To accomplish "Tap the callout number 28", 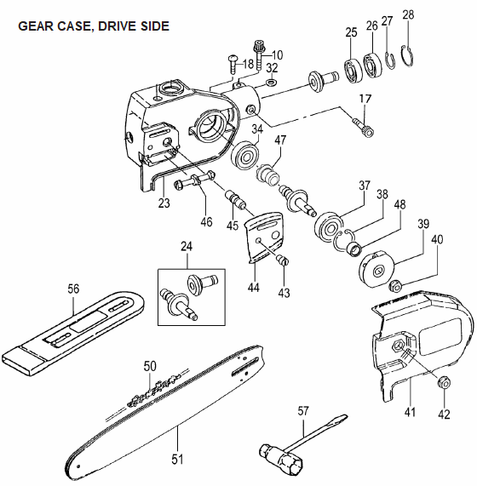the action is (x=408, y=14).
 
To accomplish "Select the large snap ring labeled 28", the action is (x=407, y=56).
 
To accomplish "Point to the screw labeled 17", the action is (x=363, y=127).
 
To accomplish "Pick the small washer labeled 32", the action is (x=272, y=83).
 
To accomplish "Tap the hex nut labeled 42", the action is (x=444, y=383).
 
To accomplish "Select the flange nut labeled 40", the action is (x=395, y=285).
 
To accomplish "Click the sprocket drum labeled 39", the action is (x=376, y=269).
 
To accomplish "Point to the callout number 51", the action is (x=177, y=459).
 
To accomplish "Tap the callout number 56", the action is (x=73, y=289).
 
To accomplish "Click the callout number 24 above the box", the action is (x=187, y=247).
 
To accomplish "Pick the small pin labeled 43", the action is (x=282, y=259).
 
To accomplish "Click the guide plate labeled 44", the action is (x=265, y=236).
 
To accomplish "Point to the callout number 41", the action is (x=410, y=413).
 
